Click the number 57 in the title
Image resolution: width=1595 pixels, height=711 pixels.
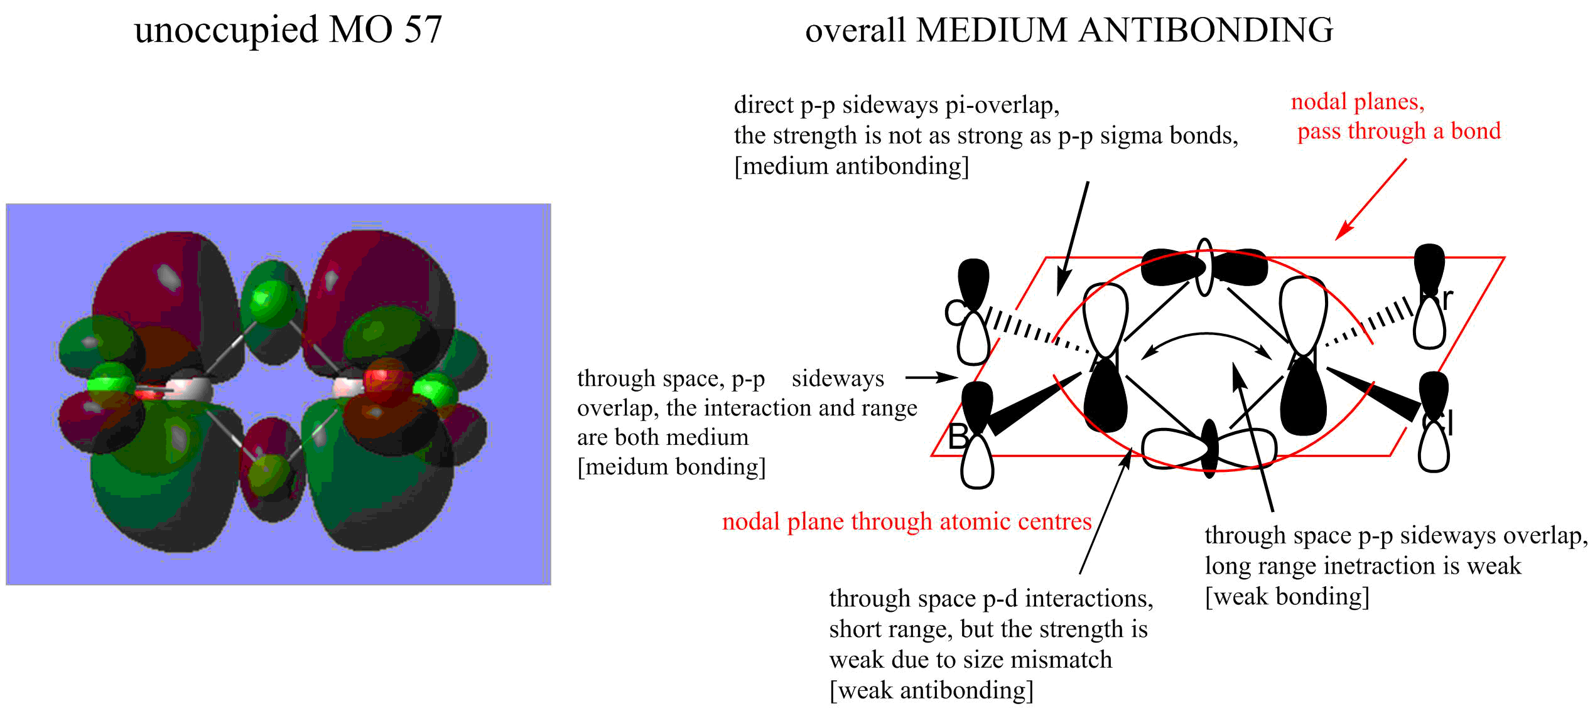coord(423,29)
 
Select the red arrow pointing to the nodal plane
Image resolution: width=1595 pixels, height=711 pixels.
coord(1371,199)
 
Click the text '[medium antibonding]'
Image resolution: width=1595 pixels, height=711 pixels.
coord(852,166)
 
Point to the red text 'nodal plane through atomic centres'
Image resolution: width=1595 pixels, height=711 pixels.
coord(907,521)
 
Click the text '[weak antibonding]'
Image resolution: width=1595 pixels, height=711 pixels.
coord(931,690)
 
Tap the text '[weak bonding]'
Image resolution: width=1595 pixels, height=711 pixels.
coord(1287,596)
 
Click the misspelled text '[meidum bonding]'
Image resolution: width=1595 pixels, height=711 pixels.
coord(671,467)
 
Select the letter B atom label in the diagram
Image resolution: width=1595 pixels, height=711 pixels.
coord(959,437)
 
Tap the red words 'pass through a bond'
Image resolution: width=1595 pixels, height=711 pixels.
coord(1399,131)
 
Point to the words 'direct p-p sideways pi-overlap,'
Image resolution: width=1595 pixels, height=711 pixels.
coord(897,105)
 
